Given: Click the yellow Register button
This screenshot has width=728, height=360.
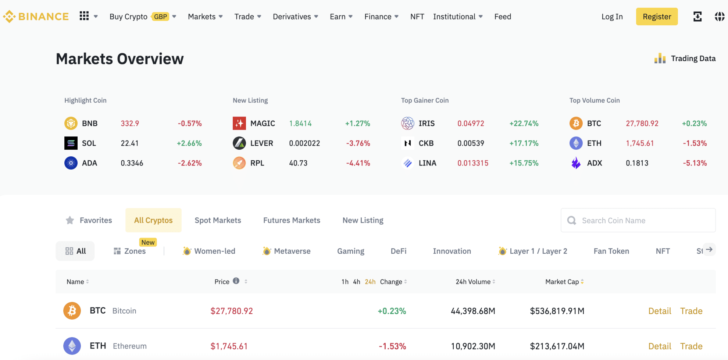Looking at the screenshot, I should pos(657,17).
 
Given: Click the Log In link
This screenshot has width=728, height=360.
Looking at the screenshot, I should pos(612,17).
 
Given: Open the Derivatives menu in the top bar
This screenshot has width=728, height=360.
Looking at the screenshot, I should pos(295,17).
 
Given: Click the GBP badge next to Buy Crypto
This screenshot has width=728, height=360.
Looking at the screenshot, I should pos(161,17).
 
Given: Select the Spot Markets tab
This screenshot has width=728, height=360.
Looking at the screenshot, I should pos(218,220).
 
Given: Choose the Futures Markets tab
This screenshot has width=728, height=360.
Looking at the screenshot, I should pos(292,220).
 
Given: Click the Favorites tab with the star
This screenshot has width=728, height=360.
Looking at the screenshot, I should pos(89,220).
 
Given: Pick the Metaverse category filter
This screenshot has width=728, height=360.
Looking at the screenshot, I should pos(287,251).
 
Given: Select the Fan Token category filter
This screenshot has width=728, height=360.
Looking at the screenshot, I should pos(611,251).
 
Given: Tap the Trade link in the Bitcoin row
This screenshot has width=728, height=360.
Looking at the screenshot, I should pos(691,311).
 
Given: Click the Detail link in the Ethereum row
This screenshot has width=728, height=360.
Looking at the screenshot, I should pos(660,346).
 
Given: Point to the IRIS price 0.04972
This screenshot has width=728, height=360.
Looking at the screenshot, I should pos(471,124).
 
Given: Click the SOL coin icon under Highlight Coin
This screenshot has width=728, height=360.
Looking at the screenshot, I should pos(71,143).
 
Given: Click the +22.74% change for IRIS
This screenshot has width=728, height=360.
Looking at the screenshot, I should pos(524,124).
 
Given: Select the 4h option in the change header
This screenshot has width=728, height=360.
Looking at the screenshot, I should pos(356,282).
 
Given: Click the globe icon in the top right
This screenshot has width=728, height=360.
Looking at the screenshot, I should pos(719,17).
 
